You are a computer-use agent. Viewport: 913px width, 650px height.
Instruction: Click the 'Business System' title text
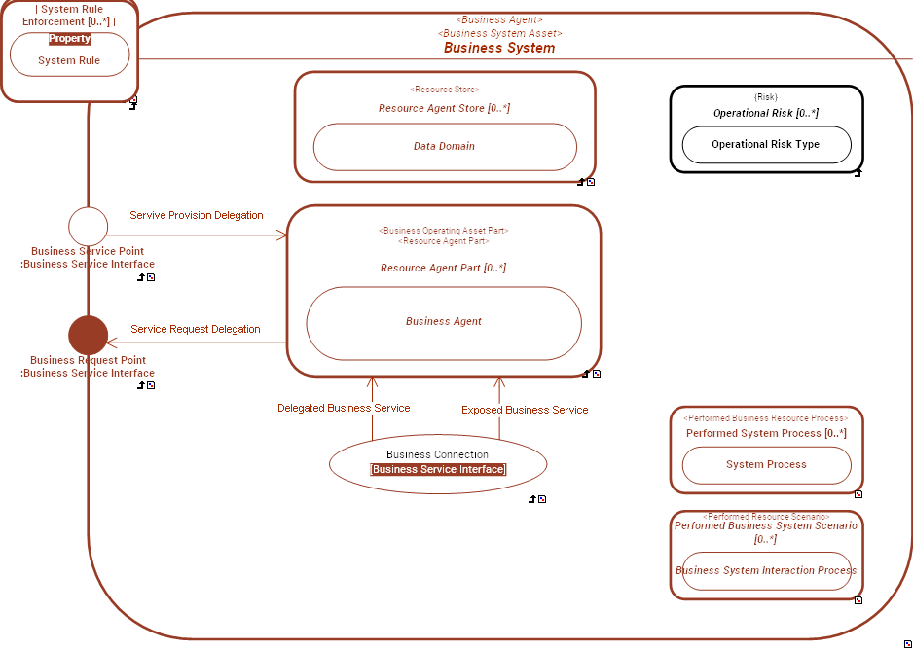click(499, 48)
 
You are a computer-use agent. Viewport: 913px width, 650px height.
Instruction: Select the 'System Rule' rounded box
click(69, 60)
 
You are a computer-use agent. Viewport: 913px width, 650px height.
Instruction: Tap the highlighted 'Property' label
click(69, 39)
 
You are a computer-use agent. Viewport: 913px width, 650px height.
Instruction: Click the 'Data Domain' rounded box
click(444, 146)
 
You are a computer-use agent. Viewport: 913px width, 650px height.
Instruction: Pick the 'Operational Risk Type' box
click(765, 144)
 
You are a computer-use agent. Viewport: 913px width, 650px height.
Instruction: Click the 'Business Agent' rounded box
click(443, 322)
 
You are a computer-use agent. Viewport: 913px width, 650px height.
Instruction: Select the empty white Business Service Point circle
click(88, 226)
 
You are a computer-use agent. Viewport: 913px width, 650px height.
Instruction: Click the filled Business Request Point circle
click(88, 335)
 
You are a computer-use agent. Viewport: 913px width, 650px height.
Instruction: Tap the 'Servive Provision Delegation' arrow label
click(197, 215)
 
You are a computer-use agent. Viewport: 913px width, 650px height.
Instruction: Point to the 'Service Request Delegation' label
click(196, 329)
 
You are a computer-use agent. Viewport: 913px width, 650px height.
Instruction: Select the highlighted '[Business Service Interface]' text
click(438, 469)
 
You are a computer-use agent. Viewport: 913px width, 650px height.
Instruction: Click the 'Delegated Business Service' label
click(344, 408)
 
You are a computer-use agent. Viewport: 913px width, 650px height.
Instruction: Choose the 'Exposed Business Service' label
click(525, 410)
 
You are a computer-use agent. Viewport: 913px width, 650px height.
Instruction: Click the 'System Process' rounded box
click(766, 464)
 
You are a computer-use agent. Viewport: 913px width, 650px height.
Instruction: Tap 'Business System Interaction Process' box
click(766, 571)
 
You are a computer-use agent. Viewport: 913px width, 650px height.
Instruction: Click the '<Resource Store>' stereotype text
click(444, 90)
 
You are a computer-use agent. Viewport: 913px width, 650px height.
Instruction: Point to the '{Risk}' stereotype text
click(766, 97)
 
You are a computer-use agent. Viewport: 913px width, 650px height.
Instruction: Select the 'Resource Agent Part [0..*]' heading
click(443, 268)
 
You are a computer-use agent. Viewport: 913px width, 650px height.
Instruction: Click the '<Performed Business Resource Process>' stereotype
click(766, 418)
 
